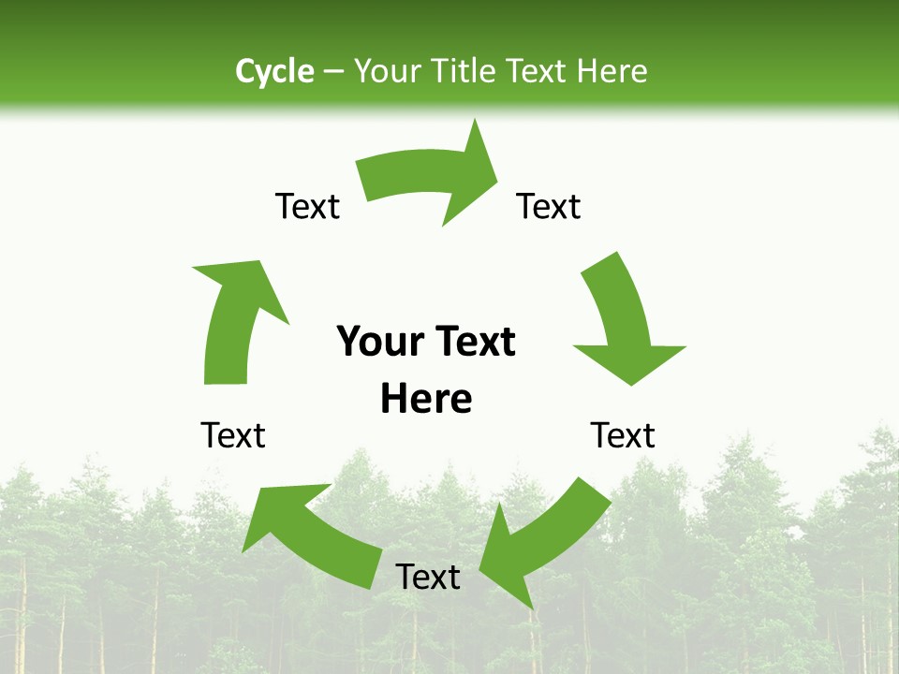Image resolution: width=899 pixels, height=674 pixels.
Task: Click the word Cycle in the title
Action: (274, 71)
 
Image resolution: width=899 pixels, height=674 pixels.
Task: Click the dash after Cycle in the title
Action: (333, 71)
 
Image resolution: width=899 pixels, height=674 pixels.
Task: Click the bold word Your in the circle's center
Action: (377, 342)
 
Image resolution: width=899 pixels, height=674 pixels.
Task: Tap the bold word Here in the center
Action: (426, 399)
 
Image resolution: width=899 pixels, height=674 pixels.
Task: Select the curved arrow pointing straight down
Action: (623, 323)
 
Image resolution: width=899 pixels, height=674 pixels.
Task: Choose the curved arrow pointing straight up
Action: (234, 318)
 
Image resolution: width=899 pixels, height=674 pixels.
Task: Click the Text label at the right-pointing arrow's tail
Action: (307, 206)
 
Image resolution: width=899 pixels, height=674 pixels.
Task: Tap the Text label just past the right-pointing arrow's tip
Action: (549, 206)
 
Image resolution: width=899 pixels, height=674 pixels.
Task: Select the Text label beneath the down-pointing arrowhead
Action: (623, 435)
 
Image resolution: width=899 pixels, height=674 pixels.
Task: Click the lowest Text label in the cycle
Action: (428, 577)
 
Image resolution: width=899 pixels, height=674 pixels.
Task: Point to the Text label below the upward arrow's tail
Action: (233, 435)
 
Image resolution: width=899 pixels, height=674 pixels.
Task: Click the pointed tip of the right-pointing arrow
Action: (497, 174)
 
